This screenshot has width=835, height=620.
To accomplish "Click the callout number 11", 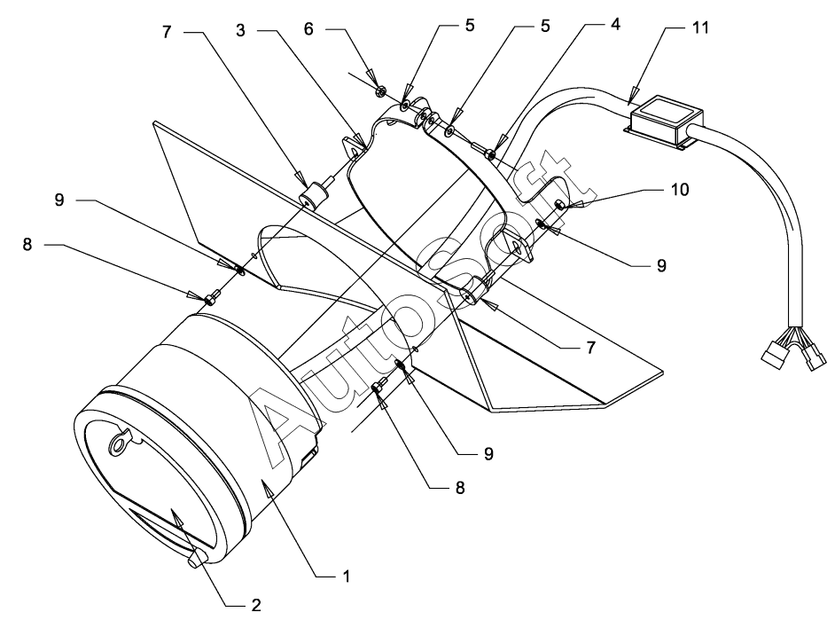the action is pyautogui.click(x=700, y=27).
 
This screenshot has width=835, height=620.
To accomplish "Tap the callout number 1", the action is pyautogui.click(x=346, y=577).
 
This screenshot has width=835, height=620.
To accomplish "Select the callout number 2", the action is pyautogui.click(x=255, y=605).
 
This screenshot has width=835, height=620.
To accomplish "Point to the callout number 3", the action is pyautogui.click(x=241, y=31).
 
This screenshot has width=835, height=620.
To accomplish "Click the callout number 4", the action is pyautogui.click(x=615, y=23).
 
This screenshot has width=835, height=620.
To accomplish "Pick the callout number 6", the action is pyautogui.click(x=308, y=28).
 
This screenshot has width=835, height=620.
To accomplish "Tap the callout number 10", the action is pyautogui.click(x=680, y=189).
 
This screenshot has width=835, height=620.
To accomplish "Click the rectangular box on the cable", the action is pyautogui.click(x=665, y=122).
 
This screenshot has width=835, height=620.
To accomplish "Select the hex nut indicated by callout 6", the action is pyautogui.click(x=381, y=91).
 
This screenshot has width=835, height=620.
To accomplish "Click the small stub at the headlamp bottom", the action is pyautogui.click(x=198, y=559).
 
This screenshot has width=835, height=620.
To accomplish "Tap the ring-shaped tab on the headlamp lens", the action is pyautogui.click(x=120, y=443).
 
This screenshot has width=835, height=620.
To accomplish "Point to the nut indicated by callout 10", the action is pyautogui.click(x=559, y=204).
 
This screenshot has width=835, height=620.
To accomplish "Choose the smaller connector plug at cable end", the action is pyautogui.click(x=815, y=358).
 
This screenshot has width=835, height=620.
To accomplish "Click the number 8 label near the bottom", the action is pyautogui.click(x=460, y=488).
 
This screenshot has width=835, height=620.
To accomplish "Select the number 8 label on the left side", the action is pyautogui.click(x=27, y=245).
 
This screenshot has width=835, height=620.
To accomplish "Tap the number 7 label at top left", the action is pyautogui.click(x=167, y=32).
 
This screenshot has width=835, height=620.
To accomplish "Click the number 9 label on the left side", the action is pyautogui.click(x=59, y=200).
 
